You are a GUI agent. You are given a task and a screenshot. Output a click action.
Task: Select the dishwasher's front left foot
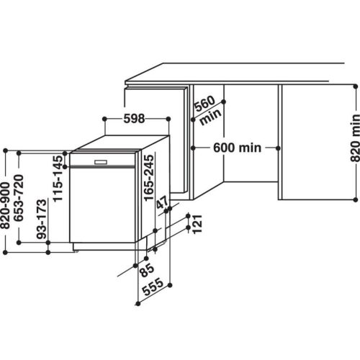click(74, 251)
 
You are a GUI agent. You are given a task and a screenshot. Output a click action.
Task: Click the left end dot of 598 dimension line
click(104, 116)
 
